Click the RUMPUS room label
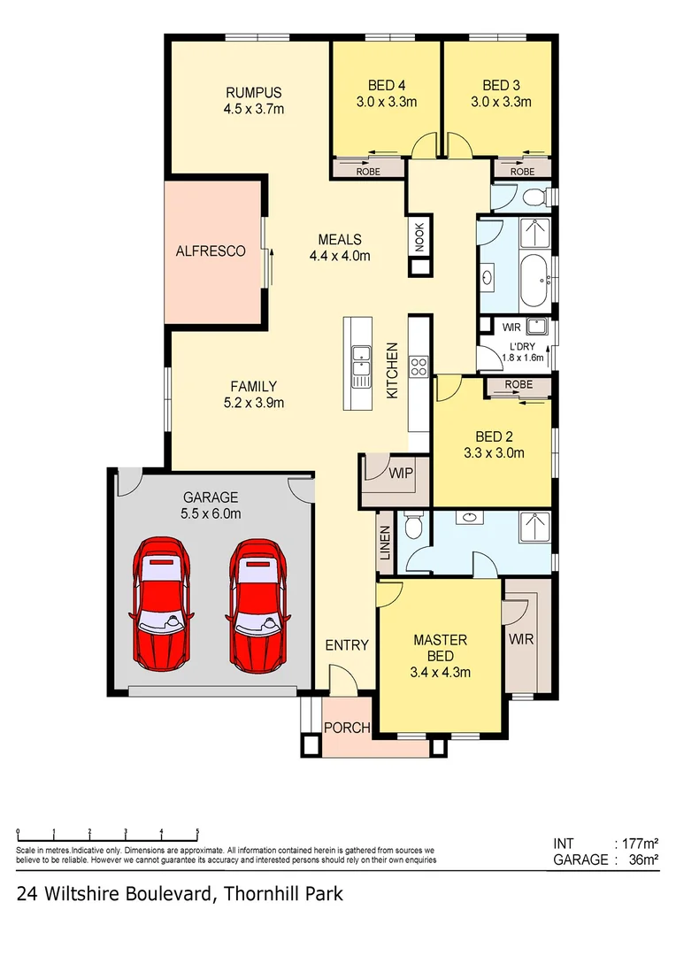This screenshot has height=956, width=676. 253,93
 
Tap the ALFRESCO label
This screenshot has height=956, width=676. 211,251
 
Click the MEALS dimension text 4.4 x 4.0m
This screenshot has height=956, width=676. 339,256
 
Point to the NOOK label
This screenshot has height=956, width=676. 419,235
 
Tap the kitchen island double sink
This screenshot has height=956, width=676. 360,361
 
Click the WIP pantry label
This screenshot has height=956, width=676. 400,474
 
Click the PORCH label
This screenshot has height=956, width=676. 346,728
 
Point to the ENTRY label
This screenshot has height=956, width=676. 346,645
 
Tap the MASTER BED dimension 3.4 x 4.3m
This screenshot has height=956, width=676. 440,672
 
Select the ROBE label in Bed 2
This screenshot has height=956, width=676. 519,384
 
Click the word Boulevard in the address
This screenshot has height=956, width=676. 154,894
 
